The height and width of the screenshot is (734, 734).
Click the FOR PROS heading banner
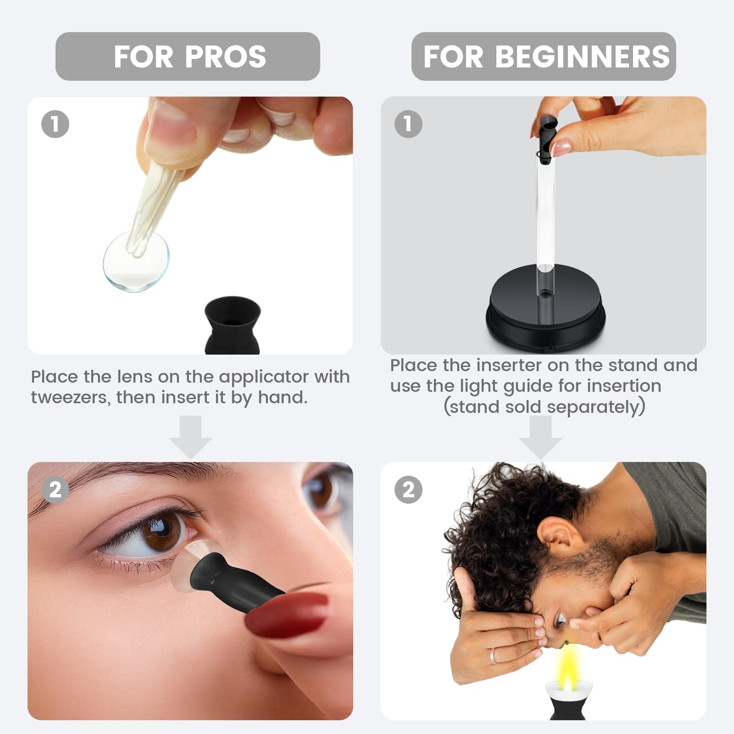[188, 56]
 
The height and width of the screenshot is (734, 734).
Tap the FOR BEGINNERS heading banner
[544, 56]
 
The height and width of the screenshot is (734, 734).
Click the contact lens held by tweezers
[136, 261]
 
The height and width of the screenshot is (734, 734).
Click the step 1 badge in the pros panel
[55, 124]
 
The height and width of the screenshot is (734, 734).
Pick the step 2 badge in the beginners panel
[408, 489]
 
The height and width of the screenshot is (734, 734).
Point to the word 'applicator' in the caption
[263, 378]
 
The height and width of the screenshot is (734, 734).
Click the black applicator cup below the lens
[233, 325]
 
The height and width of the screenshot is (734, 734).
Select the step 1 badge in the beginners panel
[408, 124]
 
